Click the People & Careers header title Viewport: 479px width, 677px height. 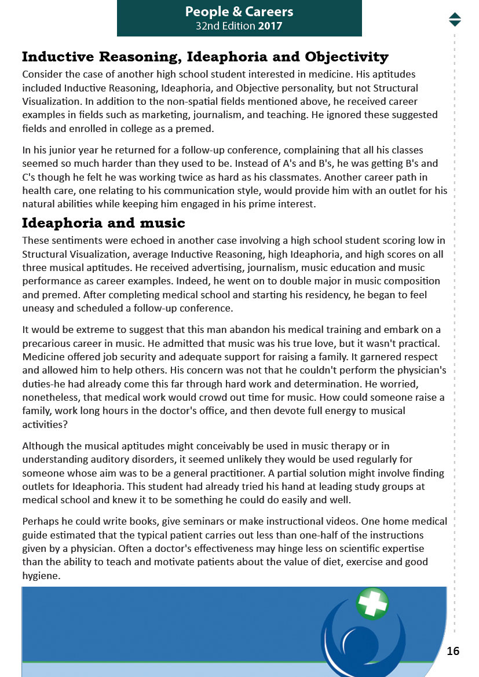[239, 12]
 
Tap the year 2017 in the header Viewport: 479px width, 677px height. [270, 26]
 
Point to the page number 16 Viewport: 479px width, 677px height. [453, 651]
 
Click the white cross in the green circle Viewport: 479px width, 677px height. [372, 603]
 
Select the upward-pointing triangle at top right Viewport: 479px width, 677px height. [455, 15]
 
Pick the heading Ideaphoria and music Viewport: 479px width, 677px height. [104, 222]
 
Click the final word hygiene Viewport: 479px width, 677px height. [41, 576]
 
